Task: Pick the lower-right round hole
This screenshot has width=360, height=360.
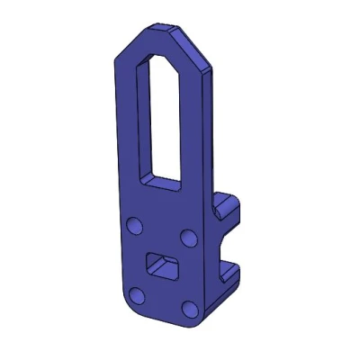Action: (190, 310)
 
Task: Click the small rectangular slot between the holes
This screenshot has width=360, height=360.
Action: (162, 265)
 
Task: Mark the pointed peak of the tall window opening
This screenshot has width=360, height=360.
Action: (159, 56)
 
